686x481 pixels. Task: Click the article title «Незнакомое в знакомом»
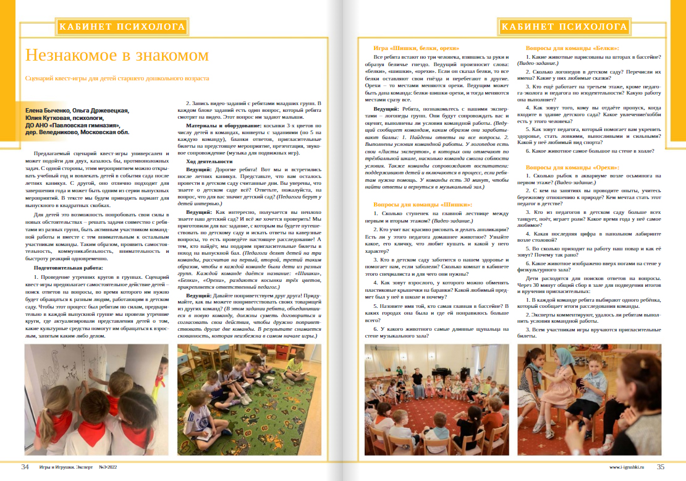click(117, 55)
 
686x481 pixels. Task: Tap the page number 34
click(25, 467)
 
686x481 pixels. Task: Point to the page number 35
click(661, 467)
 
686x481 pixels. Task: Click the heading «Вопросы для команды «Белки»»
click(572, 48)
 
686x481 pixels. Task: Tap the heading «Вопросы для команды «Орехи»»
click(573, 168)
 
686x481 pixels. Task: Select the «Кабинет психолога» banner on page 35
click(564, 27)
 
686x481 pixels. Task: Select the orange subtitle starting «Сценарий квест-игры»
click(117, 79)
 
